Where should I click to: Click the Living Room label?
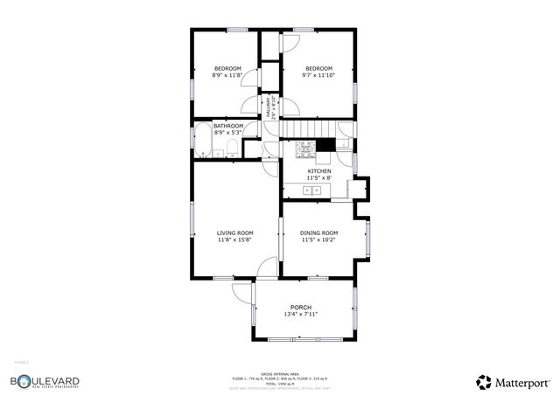[x=234, y=232]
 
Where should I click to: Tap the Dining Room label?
[x=318, y=232]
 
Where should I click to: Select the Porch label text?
[x=300, y=307]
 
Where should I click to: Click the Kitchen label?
[x=318, y=170]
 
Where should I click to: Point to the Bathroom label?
[x=227, y=126]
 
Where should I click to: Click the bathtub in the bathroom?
[x=200, y=140]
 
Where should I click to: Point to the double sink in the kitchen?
[x=312, y=189]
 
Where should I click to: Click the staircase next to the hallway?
[x=297, y=130]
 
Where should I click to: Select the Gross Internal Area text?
[x=280, y=372]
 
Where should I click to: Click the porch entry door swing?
[x=242, y=293]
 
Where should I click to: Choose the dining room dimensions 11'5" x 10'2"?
[x=318, y=240]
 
